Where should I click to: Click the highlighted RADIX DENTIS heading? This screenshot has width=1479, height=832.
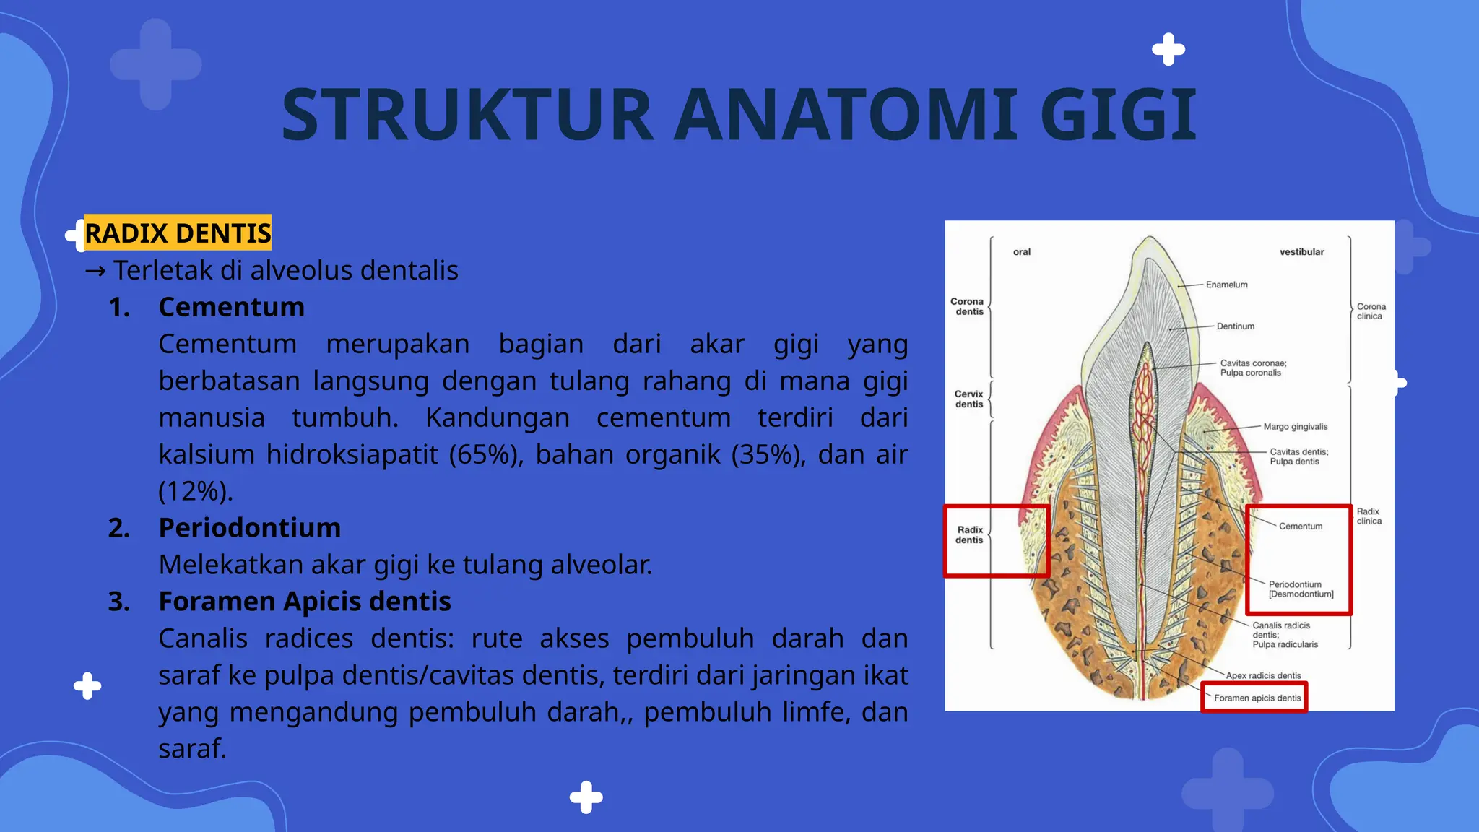click(178, 233)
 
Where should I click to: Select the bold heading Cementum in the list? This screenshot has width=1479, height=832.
click(231, 307)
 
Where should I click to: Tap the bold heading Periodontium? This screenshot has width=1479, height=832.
click(249, 528)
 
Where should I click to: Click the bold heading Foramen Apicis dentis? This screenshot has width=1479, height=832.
click(304, 602)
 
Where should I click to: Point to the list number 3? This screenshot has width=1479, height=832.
click(119, 602)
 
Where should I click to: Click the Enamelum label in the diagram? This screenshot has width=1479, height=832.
click(1226, 285)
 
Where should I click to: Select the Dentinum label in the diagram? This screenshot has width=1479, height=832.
click(1235, 326)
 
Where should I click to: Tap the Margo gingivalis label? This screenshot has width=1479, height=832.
click(1295, 427)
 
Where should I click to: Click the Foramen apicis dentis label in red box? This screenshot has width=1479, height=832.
click(1257, 698)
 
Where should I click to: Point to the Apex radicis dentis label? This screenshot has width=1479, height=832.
click(1263, 676)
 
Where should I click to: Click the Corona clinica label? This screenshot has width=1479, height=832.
click(1370, 311)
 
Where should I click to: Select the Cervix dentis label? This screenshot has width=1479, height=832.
click(968, 399)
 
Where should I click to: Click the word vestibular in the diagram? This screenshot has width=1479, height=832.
click(1301, 252)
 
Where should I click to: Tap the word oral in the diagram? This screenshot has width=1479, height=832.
click(1021, 252)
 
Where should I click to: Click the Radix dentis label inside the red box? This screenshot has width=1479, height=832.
click(969, 535)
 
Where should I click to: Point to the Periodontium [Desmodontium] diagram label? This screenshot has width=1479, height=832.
click(1300, 589)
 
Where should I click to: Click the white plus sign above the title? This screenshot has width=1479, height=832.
click(1168, 50)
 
